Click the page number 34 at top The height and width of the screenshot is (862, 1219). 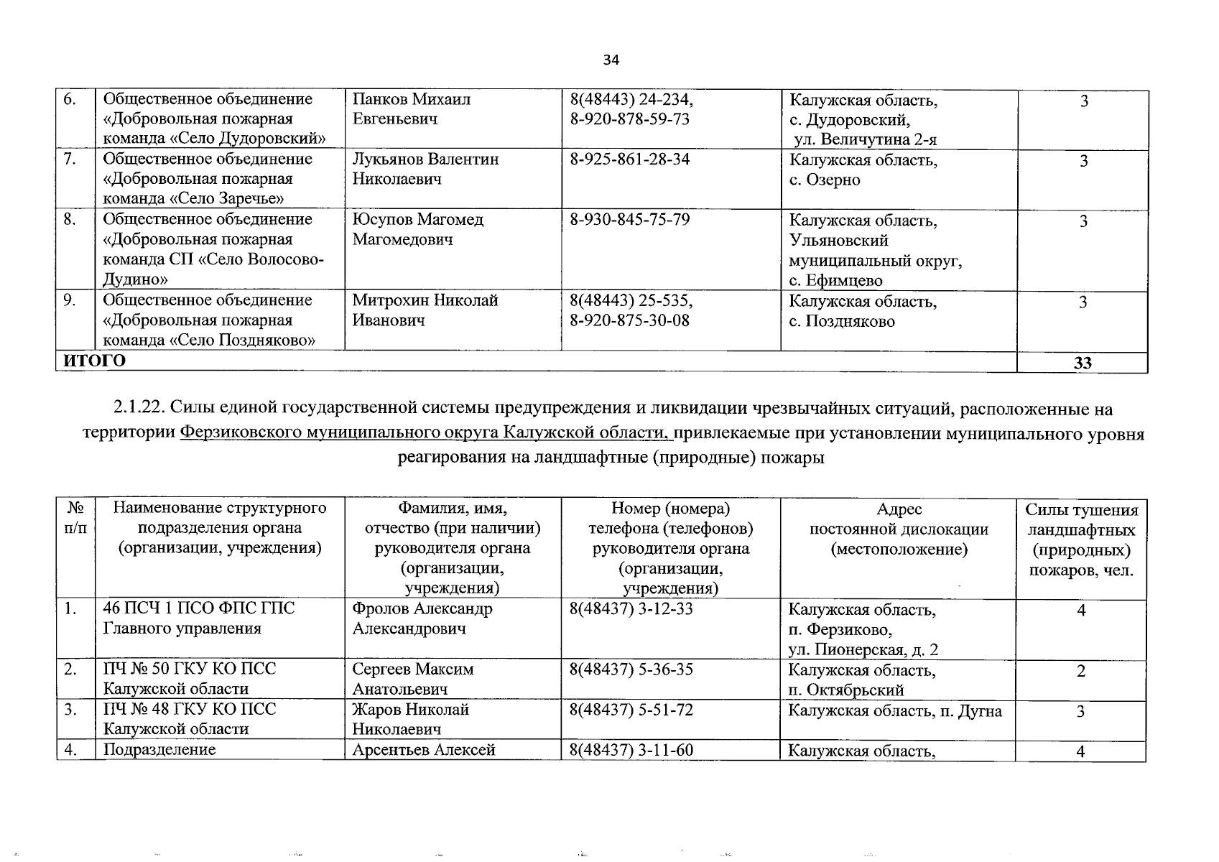(x=611, y=60)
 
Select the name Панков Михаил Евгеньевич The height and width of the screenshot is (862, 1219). (x=411, y=109)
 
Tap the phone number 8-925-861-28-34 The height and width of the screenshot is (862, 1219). (x=629, y=159)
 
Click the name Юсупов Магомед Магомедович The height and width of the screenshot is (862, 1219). (x=417, y=230)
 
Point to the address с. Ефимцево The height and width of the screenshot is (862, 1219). (x=835, y=281)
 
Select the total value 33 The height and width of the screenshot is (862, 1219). (x=1082, y=363)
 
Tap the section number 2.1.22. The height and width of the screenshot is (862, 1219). (x=139, y=409)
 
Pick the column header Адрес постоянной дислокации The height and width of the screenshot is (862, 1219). (x=899, y=529)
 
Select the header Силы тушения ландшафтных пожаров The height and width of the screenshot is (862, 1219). (x=1081, y=540)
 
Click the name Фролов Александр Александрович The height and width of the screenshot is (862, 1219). (x=422, y=618)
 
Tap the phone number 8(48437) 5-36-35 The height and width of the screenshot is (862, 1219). (x=631, y=669)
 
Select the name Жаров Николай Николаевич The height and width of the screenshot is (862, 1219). (x=410, y=719)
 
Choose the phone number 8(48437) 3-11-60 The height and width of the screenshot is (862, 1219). (x=631, y=751)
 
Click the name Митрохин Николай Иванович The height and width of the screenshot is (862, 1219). (x=425, y=310)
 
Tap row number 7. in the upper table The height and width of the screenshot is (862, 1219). (x=70, y=159)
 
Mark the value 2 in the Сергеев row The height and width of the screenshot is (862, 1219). (x=1080, y=672)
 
